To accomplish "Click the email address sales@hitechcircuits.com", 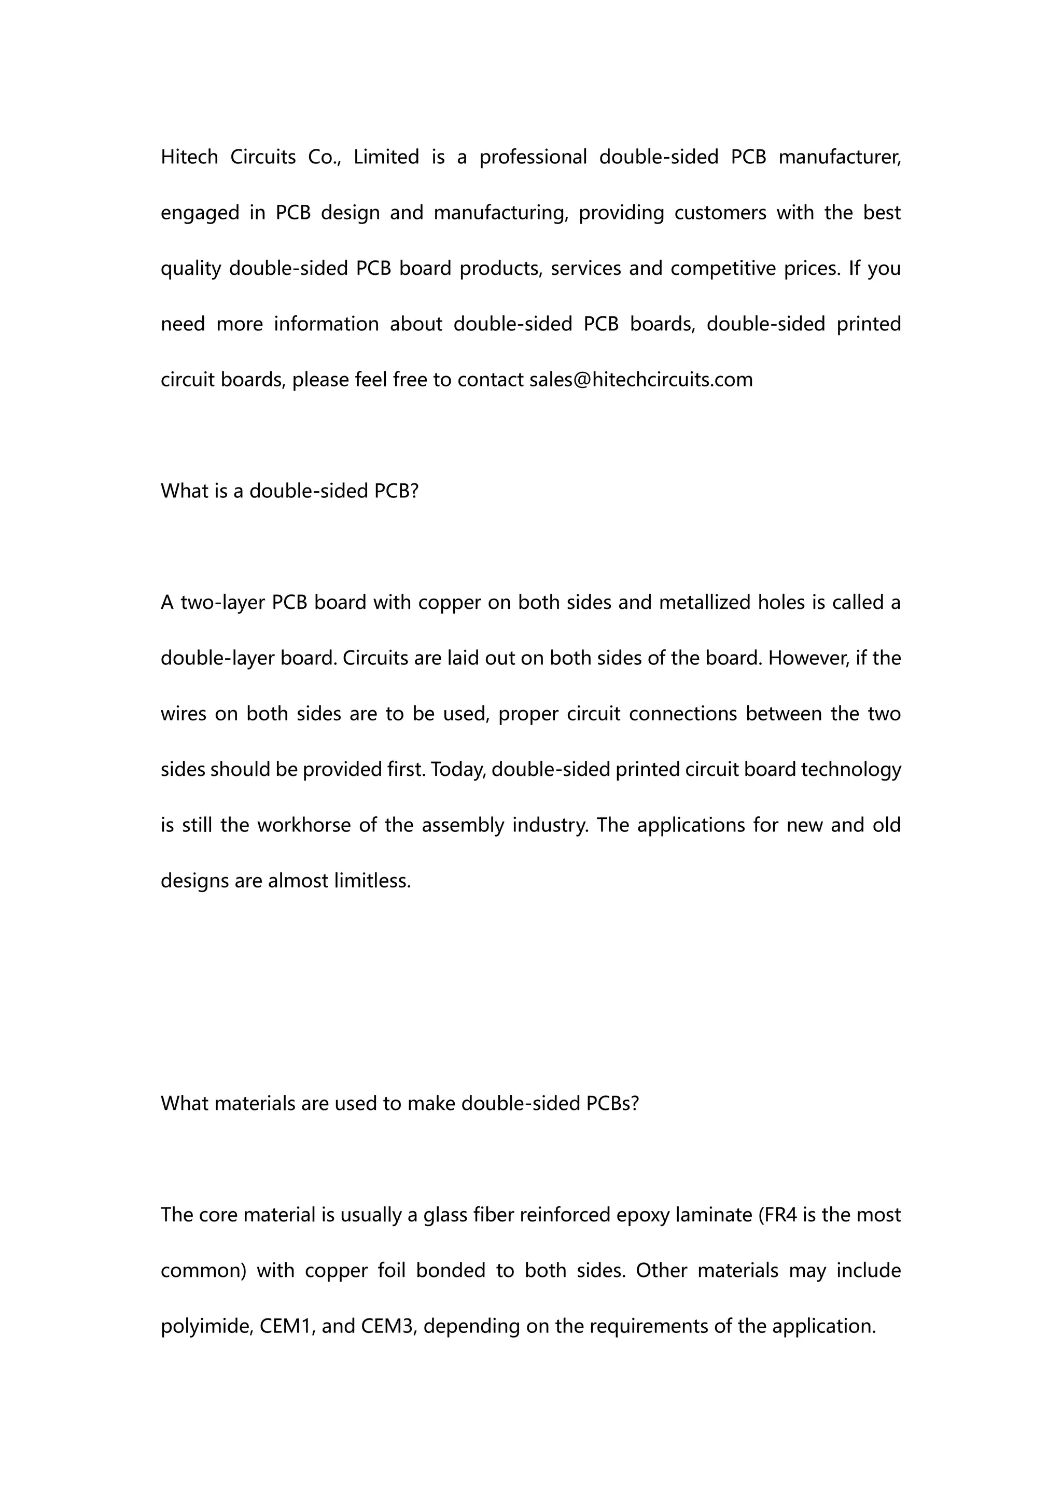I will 641,380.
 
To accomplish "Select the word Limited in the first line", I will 386,157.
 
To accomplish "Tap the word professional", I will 533,158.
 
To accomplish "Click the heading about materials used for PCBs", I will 400,1103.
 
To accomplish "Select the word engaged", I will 200,213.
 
